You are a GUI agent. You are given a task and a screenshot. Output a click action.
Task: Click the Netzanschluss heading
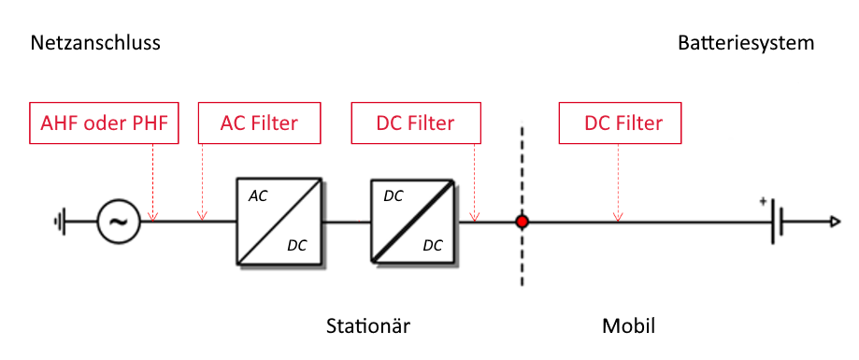95,43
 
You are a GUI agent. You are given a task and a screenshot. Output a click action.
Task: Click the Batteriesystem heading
746,43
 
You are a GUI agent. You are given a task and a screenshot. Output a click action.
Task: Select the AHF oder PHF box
103,123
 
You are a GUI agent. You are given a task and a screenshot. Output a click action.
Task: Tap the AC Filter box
259,123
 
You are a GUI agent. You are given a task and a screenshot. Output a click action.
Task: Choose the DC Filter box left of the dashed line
415,123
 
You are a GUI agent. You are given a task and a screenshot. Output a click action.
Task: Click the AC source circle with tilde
119,223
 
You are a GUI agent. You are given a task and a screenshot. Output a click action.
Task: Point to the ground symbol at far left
61,223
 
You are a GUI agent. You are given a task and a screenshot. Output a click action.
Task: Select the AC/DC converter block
279,222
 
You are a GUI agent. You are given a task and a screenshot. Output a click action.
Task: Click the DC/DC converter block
413,222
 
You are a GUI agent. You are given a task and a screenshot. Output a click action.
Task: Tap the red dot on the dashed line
523,222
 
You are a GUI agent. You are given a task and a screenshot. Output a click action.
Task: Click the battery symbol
776,223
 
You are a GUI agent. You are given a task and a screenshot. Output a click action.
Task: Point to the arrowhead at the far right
835,223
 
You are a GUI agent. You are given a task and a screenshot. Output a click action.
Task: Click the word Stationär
367,326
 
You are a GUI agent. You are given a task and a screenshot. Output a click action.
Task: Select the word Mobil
628,326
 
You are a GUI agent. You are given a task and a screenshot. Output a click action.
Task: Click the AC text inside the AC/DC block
258,197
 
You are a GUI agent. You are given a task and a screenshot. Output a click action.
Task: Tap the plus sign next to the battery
763,201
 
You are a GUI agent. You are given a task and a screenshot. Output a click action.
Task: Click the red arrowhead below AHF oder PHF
153,218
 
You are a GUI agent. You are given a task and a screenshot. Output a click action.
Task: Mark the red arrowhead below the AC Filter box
201,218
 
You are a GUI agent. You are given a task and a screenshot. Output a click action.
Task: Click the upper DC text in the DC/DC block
394,197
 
